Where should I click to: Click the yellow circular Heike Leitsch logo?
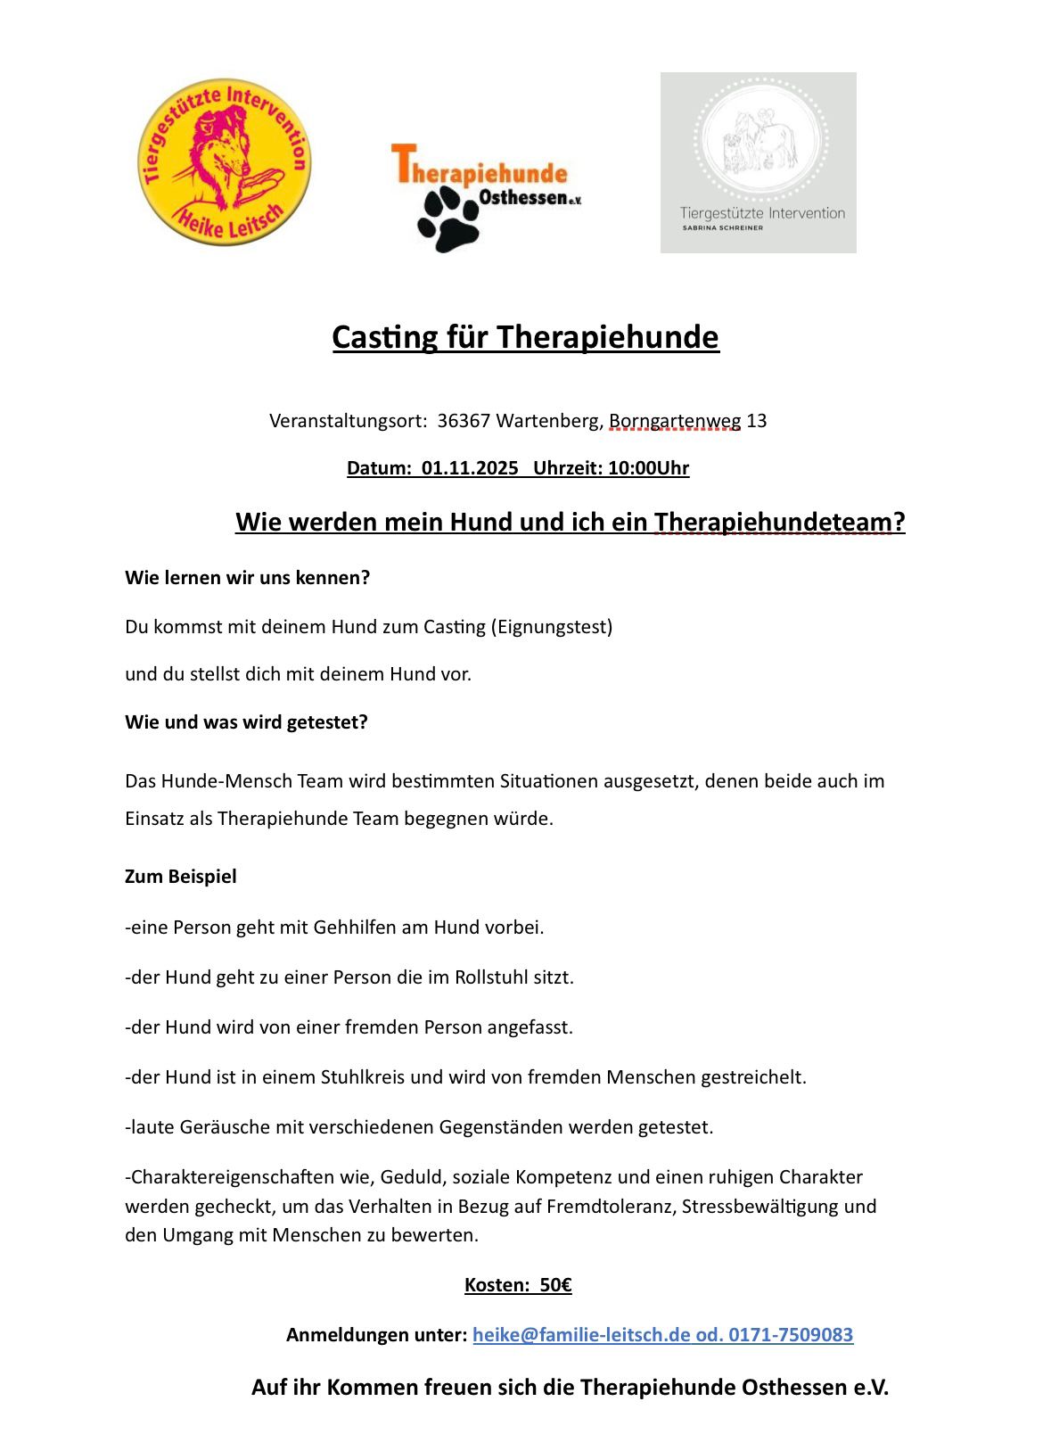pyautogui.click(x=225, y=161)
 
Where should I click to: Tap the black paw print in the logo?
pyautogui.click(x=450, y=220)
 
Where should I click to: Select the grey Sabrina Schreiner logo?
pyautogui.click(x=758, y=162)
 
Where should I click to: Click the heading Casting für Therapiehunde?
pyautogui.click(x=525, y=337)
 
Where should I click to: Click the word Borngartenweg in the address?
pyautogui.click(x=675, y=421)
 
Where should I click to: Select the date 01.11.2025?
pyautogui.click(x=470, y=468)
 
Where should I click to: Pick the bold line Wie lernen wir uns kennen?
pyautogui.click(x=247, y=578)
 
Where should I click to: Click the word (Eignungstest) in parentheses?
pyautogui.click(x=552, y=627)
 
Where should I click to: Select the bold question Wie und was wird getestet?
pyautogui.click(x=246, y=722)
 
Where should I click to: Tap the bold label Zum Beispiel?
pyautogui.click(x=181, y=877)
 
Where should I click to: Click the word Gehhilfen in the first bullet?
pyautogui.click(x=355, y=927)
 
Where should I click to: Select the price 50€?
pyautogui.click(x=555, y=1285)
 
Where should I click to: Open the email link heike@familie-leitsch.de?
pyautogui.click(x=581, y=1335)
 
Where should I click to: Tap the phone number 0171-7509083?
pyautogui.click(x=791, y=1335)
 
